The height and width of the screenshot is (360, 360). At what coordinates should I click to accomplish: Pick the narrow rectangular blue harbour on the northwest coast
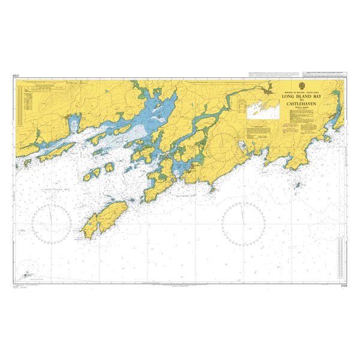(x=74, y=123)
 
